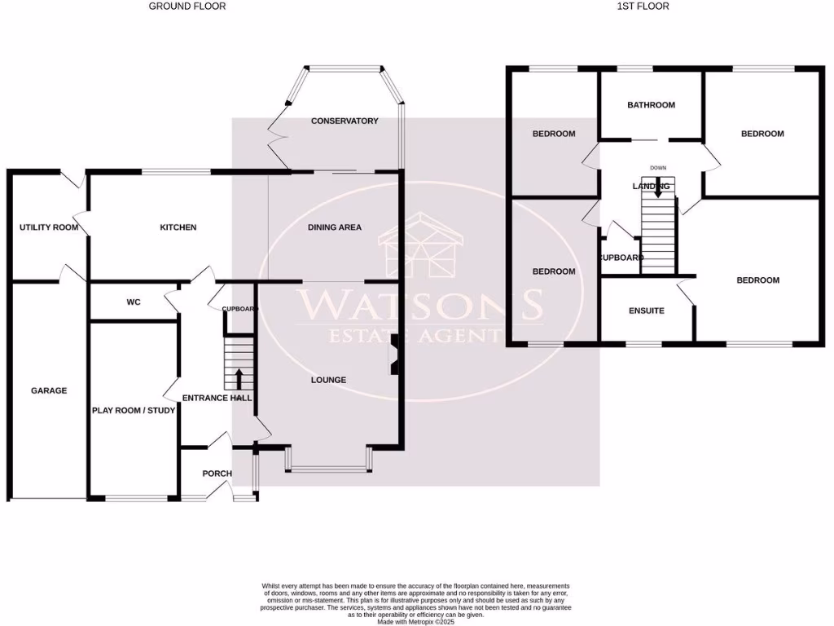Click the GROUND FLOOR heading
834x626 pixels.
[x=187, y=6]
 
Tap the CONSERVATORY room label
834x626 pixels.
[x=345, y=121]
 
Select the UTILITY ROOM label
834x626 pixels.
[x=49, y=227]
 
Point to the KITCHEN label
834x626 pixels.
[x=178, y=227]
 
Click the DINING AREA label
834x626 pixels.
[x=334, y=227]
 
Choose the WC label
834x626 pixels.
[x=134, y=302]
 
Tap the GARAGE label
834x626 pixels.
[x=49, y=390]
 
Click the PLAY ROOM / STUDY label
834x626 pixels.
[x=134, y=411]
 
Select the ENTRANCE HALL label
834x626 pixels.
[x=217, y=398]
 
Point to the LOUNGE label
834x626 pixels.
[x=328, y=380]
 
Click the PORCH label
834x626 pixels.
[x=217, y=474]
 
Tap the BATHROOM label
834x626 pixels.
[x=651, y=105]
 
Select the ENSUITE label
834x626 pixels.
[x=647, y=311]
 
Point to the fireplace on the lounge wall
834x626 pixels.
[x=395, y=355]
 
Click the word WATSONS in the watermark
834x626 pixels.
[x=419, y=304]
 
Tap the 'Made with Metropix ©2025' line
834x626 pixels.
[x=416, y=622]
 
